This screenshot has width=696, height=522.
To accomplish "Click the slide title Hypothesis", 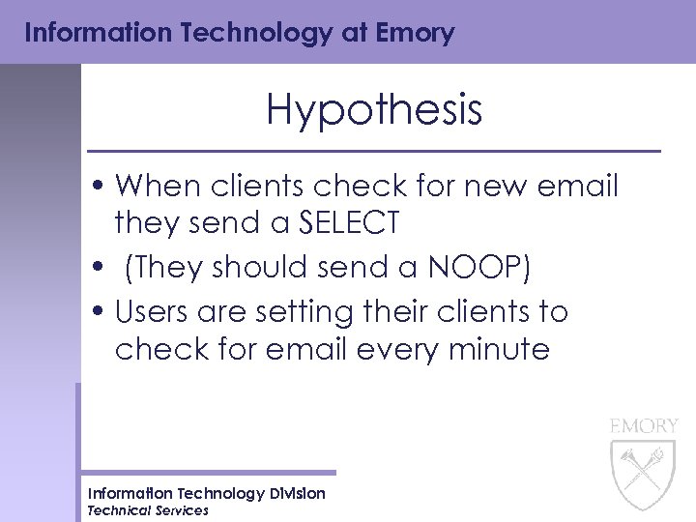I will coord(374,110).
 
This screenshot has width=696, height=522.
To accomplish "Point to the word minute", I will coord(498,349).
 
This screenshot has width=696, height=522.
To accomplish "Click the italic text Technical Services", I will coord(148,510).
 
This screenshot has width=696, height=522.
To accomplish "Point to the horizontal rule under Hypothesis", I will coord(373,152).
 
